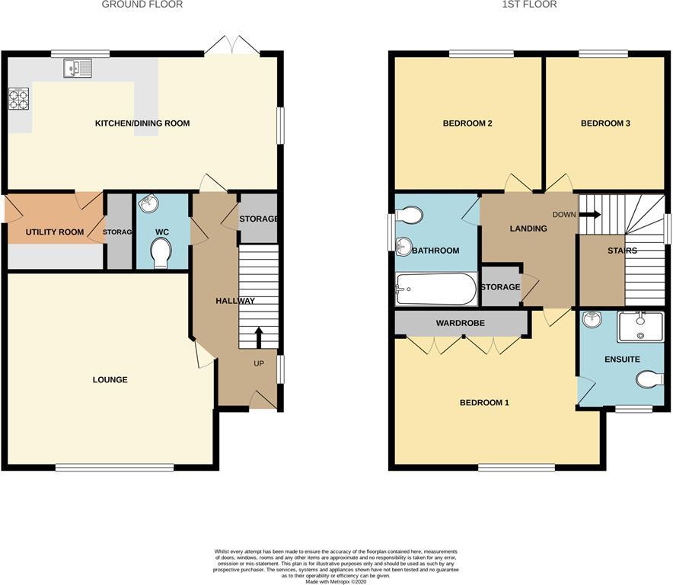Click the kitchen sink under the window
[x=78, y=68]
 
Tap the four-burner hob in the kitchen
[x=18, y=100]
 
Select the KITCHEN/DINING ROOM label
[x=142, y=123]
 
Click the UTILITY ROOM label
[x=55, y=232]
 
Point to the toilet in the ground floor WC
[x=161, y=253]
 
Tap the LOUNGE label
[x=110, y=379]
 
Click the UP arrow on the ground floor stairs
[x=259, y=336]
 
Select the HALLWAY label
[x=235, y=301]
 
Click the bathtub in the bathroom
[x=435, y=289]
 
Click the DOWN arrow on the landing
[x=589, y=215]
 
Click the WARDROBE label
[x=460, y=323]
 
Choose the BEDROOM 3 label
[x=605, y=123]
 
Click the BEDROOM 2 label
[x=467, y=123]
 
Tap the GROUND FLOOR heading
[x=142, y=5]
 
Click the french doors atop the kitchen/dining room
[x=232, y=46]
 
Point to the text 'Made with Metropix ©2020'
[x=336, y=581]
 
